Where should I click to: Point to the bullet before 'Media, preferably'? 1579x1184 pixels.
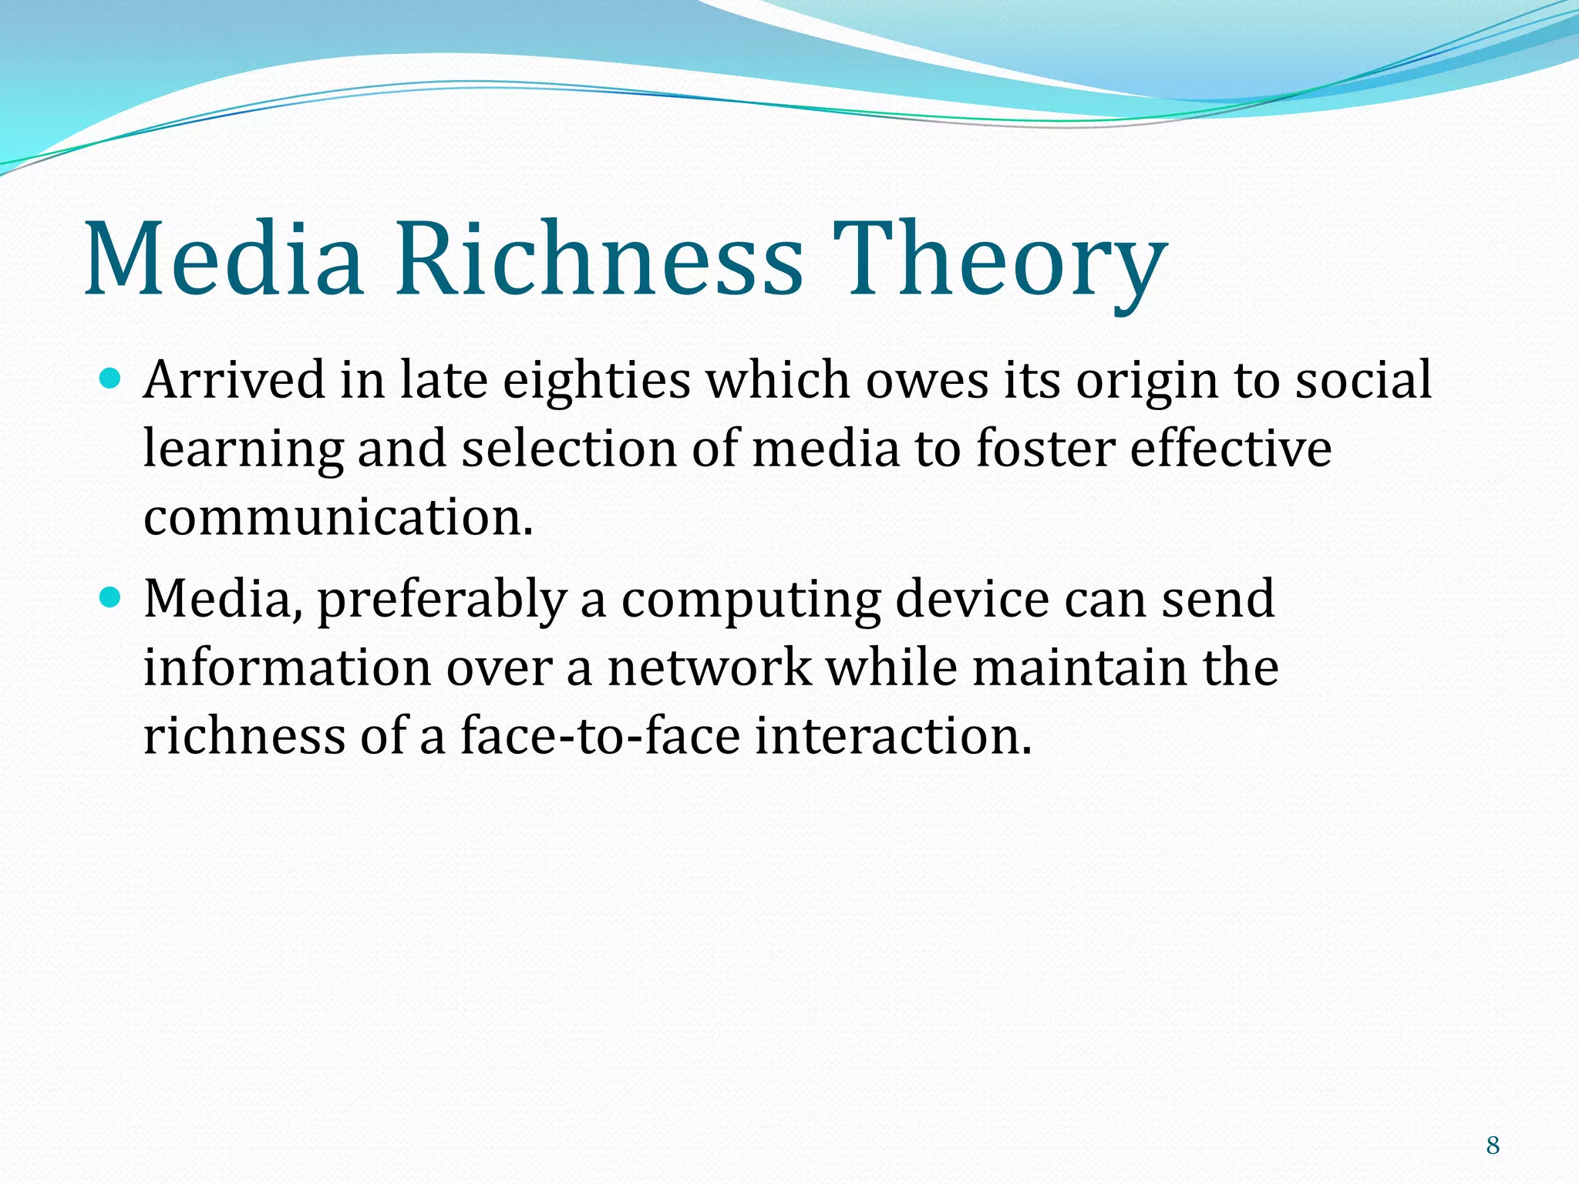click(112, 597)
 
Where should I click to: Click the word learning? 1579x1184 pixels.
click(243, 449)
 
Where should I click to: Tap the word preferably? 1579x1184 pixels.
click(442, 600)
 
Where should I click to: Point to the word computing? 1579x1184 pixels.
click(750, 600)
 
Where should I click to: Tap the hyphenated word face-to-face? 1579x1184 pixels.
click(600, 735)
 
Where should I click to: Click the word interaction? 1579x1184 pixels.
click(893, 735)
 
